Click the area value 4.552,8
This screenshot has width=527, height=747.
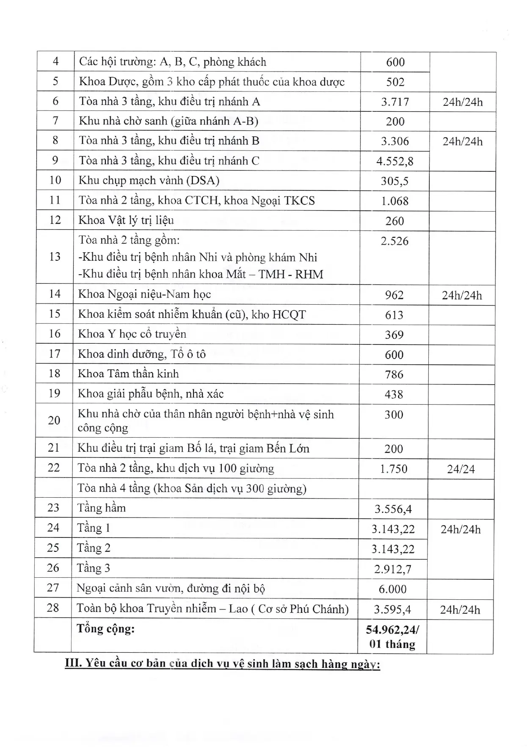(x=395, y=161)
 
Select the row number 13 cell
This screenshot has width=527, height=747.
(x=55, y=257)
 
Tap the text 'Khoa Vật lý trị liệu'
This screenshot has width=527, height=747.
(x=126, y=221)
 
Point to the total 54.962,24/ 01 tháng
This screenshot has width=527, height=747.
(x=392, y=637)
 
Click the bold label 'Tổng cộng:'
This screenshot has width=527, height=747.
(x=105, y=628)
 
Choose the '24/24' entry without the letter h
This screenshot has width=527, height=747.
(x=461, y=469)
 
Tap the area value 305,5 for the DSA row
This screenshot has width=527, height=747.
(x=395, y=181)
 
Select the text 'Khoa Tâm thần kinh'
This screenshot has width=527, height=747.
(x=128, y=374)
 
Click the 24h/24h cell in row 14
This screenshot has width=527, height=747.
(x=462, y=295)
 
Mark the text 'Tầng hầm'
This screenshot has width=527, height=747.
(x=101, y=508)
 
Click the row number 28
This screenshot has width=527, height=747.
(x=53, y=608)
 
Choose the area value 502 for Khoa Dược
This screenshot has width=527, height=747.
(x=395, y=82)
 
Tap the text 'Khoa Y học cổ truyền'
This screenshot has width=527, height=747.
(x=132, y=334)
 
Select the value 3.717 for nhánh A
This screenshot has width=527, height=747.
(x=395, y=102)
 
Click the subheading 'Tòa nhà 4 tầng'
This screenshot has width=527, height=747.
(x=192, y=488)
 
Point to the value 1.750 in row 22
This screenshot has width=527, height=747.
(x=393, y=469)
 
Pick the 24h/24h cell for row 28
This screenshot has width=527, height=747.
(x=460, y=609)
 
